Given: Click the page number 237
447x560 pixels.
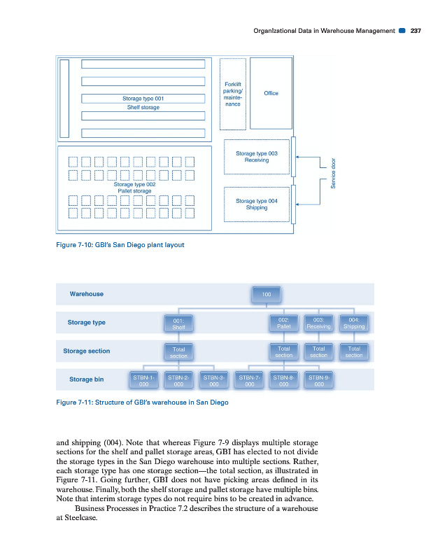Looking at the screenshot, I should tap(416, 31).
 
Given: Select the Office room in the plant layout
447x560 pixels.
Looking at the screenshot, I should tap(271, 93).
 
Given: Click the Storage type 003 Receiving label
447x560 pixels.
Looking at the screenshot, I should tap(257, 156).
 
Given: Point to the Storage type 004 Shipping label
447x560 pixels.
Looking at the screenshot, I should tap(257, 204).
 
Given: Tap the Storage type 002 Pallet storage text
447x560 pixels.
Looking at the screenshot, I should tap(135, 187).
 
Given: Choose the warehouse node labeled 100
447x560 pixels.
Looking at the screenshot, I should tap(267, 294).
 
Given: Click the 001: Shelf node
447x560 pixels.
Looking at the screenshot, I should tap(178, 323).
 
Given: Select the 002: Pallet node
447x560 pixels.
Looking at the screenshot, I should tap(284, 323).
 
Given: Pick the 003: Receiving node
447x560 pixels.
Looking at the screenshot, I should tap(319, 323).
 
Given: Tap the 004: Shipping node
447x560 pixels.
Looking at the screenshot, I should tap(354, 323).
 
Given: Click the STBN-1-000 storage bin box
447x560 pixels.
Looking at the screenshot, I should tap(143, 380).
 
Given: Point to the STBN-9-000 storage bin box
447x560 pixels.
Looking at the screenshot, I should tap(319, 380).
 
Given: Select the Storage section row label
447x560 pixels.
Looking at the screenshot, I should tap(86, 351).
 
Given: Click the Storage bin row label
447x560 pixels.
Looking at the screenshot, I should tap(86, 379).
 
